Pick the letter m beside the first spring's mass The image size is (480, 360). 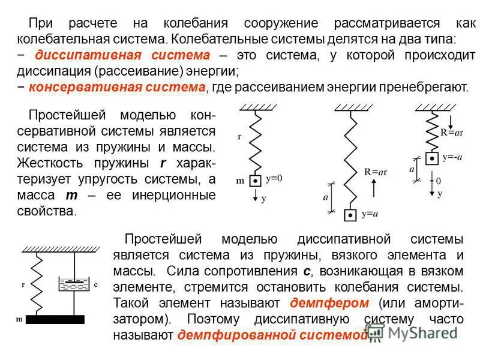pos(240,180)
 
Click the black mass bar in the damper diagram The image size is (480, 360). pos(55,319)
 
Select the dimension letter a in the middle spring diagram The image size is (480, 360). pos(326,196)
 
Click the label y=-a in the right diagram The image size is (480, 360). pos(452,158)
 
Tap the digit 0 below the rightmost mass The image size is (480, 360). pos(438,180)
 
